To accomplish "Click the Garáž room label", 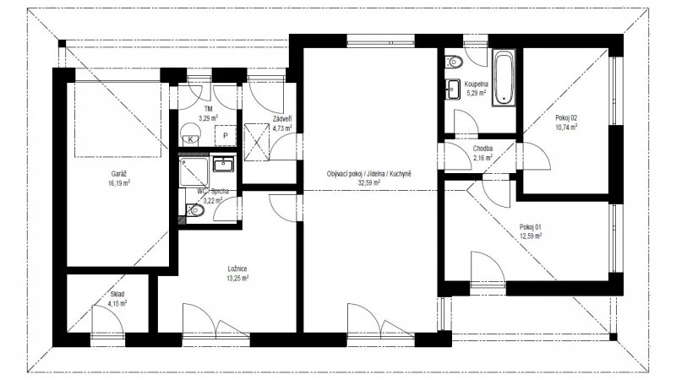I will (119, 173).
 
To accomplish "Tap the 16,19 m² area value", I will (119, 182).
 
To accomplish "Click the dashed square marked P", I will (226, 135).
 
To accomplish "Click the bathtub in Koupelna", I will (504, 78).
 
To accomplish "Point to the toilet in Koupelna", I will (455, 61).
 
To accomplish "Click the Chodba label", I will (483, 149).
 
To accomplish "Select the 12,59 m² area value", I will (531, 236).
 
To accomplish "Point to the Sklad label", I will (117, 294).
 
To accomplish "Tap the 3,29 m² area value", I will (209, 119).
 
